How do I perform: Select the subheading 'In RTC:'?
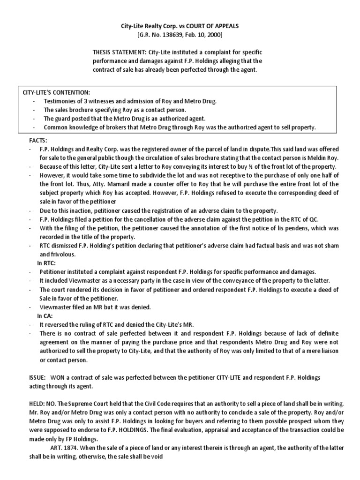pos(47,262)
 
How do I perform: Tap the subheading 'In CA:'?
pos(45,316)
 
